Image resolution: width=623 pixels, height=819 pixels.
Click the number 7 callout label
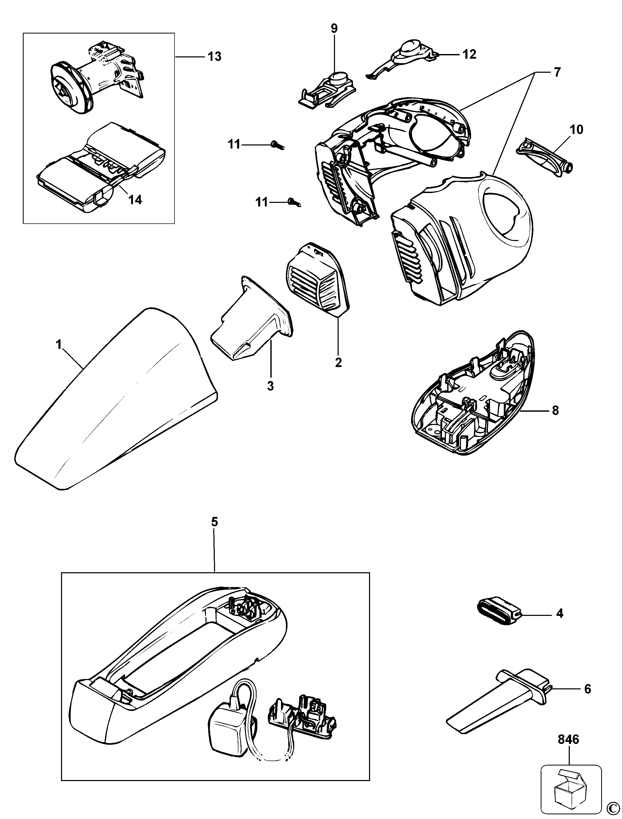(x=557, y=72)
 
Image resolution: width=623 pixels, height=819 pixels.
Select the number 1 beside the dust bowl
(x=59, y=345)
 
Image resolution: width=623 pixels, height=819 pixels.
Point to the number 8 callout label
(x=555, y=411)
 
